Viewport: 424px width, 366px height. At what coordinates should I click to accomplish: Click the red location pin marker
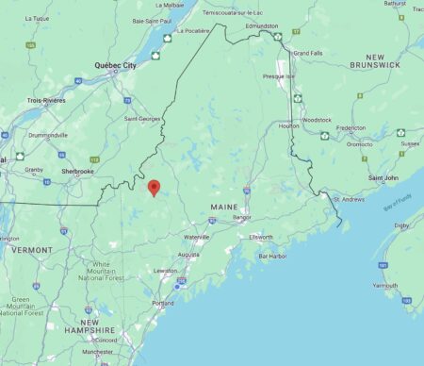tap(155, 187)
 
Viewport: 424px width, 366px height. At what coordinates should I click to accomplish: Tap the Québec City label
tap(116, 65)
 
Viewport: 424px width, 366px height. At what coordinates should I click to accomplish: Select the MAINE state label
tap(224, 206)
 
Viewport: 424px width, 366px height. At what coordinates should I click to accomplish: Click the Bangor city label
tap(242, 217)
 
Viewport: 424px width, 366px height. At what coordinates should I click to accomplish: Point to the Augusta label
tap(188, 255)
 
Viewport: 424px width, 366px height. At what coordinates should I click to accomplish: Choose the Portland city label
tap(163, 303)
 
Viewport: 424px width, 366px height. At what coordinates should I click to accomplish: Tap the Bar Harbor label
tap(272, 256)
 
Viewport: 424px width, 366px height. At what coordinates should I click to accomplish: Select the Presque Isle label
tap(279, 75)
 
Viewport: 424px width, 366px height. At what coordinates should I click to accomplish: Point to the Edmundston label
tap(261, 26)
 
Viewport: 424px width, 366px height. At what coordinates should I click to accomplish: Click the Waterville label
tap(196, 236)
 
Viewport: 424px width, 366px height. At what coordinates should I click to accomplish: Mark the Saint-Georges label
tap(143, 119)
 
